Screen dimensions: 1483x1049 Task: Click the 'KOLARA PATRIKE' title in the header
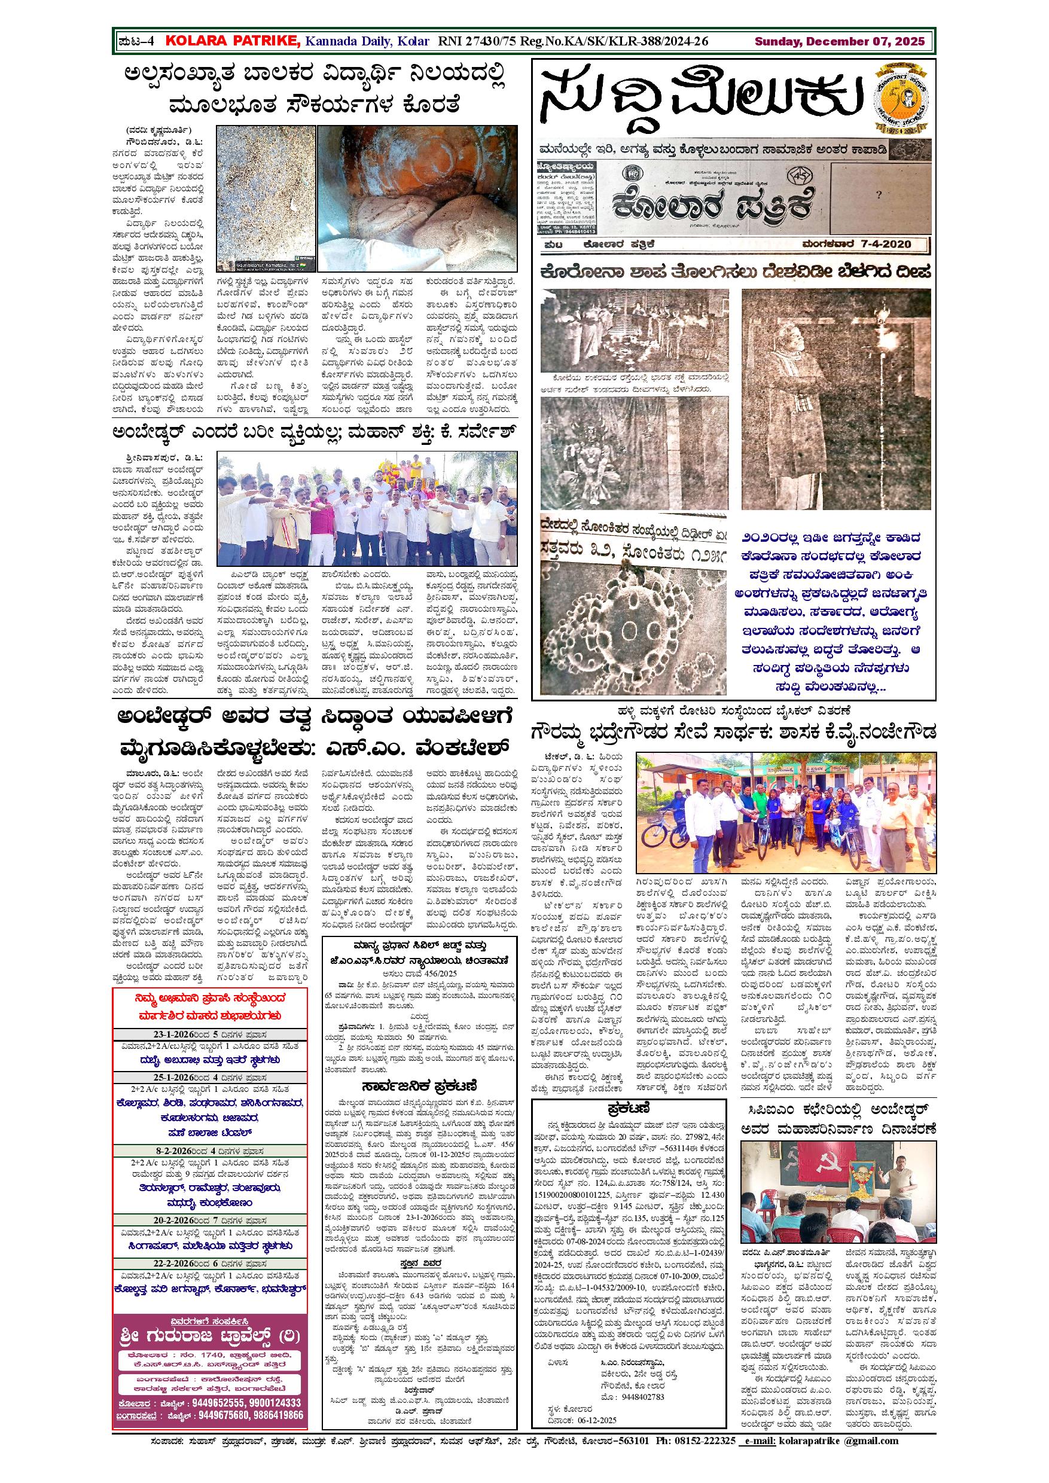[x=233, y=41]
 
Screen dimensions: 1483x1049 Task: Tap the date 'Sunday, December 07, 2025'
[x=840, y=42]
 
